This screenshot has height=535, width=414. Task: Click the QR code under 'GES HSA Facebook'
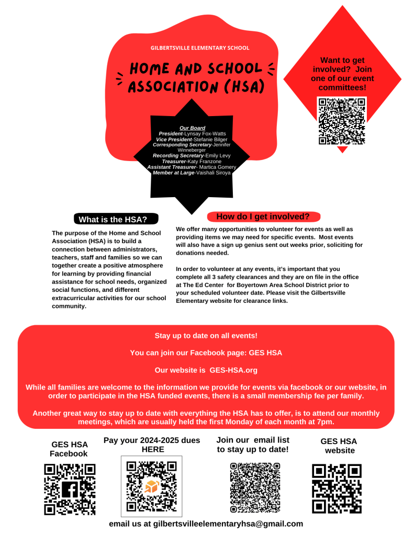coord(70,490)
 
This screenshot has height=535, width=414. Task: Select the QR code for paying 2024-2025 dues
coord(151,486)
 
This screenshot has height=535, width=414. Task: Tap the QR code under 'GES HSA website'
coord(337,488)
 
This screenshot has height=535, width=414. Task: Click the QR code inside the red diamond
coord(342,121)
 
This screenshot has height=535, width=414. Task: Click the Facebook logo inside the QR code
coord(70,490)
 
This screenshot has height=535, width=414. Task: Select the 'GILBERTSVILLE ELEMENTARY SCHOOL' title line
coord(200,48)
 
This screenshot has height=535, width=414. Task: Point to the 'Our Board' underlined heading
coord(192,128)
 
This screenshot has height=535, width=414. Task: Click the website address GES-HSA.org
coord(233,370)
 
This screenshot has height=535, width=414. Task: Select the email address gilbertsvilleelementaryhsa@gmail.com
coord(228,523)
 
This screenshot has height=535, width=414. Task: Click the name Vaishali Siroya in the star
coord(212,173)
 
